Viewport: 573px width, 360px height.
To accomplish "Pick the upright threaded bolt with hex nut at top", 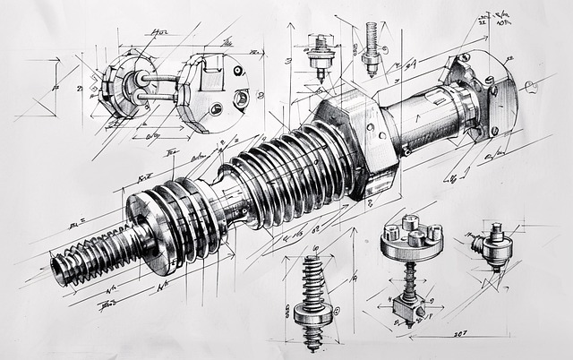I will pyautogui.click(x=370, y=45).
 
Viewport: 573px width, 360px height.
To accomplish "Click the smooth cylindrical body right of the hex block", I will pyautogui.click(x=421, y=121).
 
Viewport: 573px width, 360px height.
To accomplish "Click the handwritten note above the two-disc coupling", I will pyautogui.click(x=161, y=34).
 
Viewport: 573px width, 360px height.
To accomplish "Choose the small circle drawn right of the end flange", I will pyautogui.click(x=530, y=86).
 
